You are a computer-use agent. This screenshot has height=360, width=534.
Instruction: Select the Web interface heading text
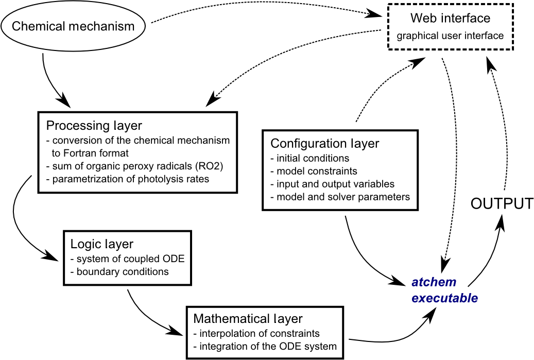pyautogui.click(x=450, y=19)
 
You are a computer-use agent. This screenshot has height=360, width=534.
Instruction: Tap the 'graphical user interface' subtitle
pyautogui.click(x=450, y=36)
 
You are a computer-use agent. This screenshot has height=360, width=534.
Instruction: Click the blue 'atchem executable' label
pyautogui.click(x=444, y=290)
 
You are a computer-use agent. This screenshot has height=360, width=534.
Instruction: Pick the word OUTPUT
pyautogui.click(x=502, y=203)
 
